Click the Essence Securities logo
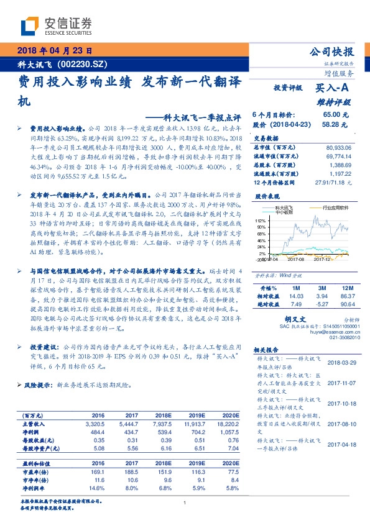[x=57, y=25]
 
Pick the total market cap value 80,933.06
[x=338, y=147]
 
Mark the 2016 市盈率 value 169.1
[x=98, y=472]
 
